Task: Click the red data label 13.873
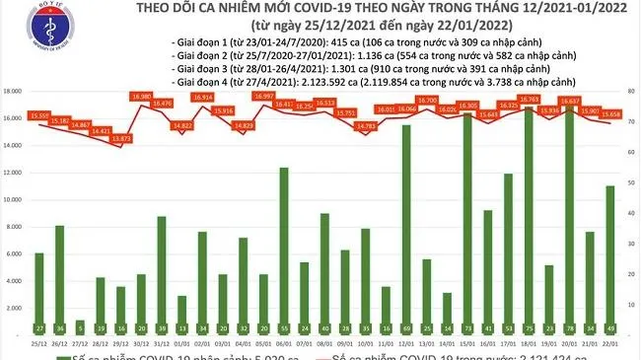pos(122,139)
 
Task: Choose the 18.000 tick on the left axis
pos(14,91)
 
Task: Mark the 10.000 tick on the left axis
pos(14,201)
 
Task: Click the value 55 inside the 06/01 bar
pos(284,326)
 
